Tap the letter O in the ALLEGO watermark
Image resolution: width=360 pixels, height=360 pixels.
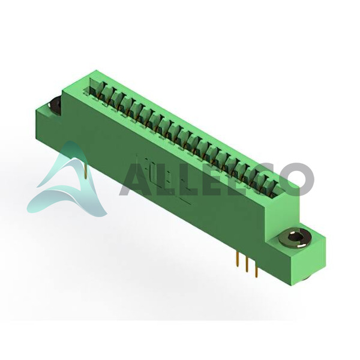click(x=296, y=179)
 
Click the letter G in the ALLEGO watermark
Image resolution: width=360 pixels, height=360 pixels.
click(x=257, y=179)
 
